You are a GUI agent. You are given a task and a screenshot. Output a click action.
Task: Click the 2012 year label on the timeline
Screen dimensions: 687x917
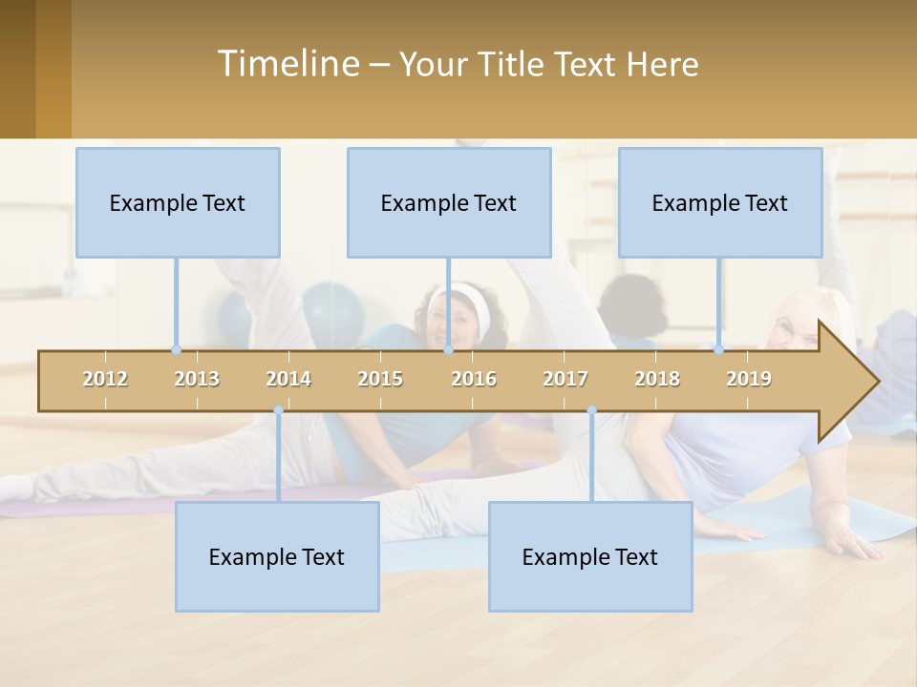(x=105, y=379)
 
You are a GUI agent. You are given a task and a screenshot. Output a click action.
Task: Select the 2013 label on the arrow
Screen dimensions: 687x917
(x=197, y=379)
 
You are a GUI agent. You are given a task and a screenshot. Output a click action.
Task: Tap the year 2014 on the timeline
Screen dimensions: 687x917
(x=288, y=379)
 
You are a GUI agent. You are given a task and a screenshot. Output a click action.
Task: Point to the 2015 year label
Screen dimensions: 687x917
(x=380, y=379)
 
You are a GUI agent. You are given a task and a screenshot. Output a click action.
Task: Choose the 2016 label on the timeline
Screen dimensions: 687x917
(x=474, y=379)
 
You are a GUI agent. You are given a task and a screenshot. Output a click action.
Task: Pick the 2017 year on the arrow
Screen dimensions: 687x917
(x=565, y=379)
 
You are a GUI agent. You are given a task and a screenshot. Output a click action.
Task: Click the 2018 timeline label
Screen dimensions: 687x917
(x=657, y=379)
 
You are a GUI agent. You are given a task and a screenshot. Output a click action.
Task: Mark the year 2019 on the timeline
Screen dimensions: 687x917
(x=749, y=379)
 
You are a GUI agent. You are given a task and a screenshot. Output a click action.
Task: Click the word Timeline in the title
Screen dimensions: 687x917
(x=287, y=64)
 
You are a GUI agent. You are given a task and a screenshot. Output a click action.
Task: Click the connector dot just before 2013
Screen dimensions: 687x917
(x=176, y=350)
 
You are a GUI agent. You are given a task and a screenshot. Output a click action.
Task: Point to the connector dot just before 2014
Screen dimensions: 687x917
(x=278, y=410)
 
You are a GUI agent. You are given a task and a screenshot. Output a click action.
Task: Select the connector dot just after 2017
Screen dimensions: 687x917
(x=591, y=410)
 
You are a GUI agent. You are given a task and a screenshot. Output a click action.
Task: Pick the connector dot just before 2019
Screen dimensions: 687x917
(x=718, y=350)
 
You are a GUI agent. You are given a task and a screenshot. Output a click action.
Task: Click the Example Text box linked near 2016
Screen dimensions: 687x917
(x=449, y=202)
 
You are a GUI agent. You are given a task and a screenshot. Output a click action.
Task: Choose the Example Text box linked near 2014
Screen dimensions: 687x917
(x=277, y=556)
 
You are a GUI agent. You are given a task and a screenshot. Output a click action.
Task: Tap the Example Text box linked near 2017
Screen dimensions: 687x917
(x=590, y=556)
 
